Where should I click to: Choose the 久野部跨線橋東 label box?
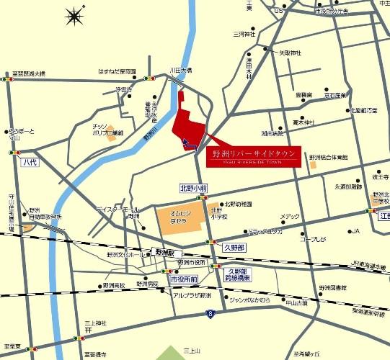point(237,273)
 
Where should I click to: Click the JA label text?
point(354,231)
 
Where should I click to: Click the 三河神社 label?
point(245,34)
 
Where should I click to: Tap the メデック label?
point(291,217)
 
